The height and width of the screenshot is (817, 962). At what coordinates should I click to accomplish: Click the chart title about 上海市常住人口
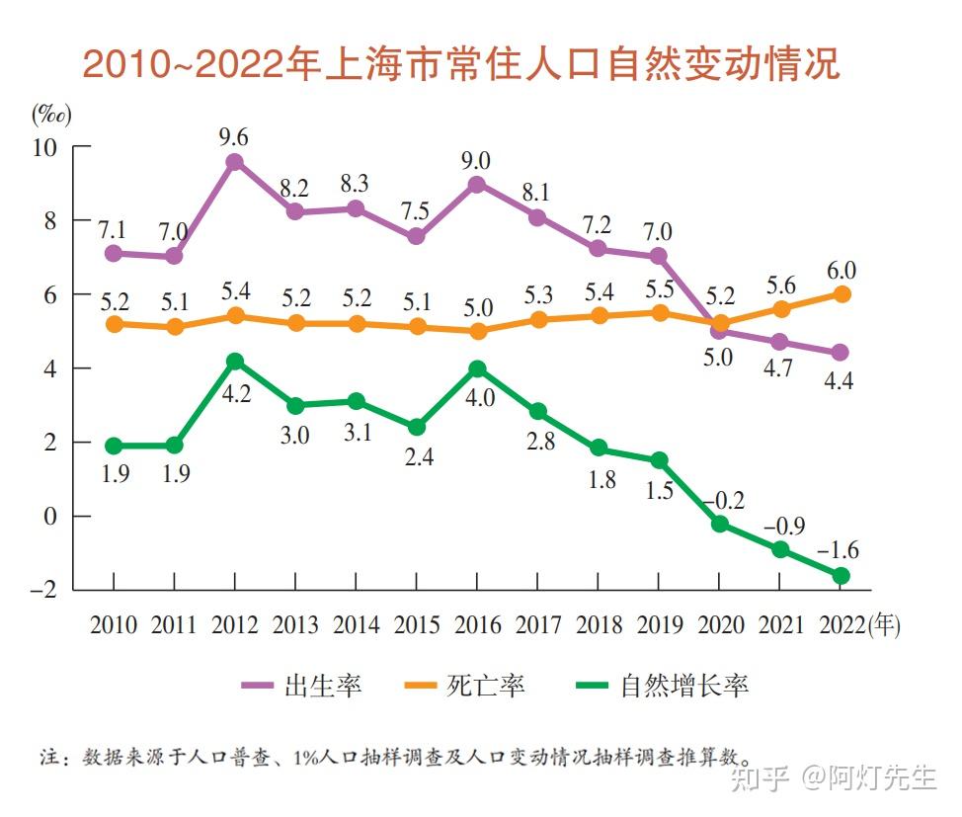pyautogui.click(x=460, y=64)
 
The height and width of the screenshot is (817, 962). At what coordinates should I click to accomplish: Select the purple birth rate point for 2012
pyautogui.click(x=235, y=162)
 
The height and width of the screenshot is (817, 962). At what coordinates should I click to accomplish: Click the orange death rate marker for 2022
pyautogui.click(x=841, y=293)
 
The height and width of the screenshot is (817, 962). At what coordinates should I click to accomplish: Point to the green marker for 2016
pyautogui.click(x=476, y=368)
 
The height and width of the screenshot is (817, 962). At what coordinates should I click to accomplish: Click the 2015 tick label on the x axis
pyautogui.click(x=416, y=625)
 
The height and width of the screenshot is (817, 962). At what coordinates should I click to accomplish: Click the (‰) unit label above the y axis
pyautogui.click(x=49, y=114)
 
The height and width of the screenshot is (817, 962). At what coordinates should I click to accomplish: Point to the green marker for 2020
pyautogui.click(x=720, y=524)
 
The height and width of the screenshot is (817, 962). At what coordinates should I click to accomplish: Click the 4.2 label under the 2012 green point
pyautogui.click(x=235, y=393)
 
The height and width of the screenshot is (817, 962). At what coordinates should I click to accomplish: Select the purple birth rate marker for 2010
pyautogui.click(x=114, y=253)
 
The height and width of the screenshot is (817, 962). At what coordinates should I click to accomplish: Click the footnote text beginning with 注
pyautogui.click(x=395, y=758)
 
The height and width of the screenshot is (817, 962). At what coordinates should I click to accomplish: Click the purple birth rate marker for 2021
pyautogui.click(x=780, y=342)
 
